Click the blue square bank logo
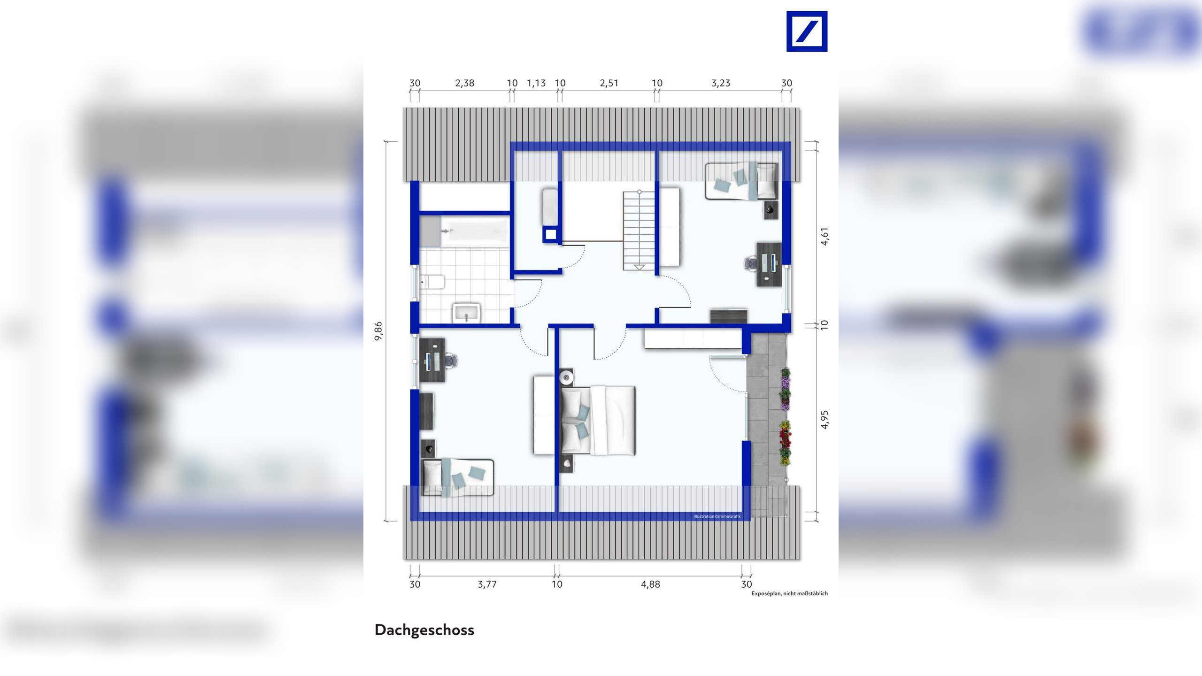pyautogui.click(x=807, y=31)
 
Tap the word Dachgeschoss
pyautogui.click(x=424, y=630)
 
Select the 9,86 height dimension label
pyautogui.click(x=378, y=331)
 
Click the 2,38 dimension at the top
pyautogui.click(x=464, y=84)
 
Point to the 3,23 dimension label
pyautogui.click(x=720, y=84)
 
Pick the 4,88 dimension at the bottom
pyautogui.click(x=650, y=584)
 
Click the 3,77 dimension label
pyautogui.click(x=487, y=584)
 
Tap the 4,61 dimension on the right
pyautogui.click(x=825, y=236)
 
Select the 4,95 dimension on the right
pyautogui.click(x=825, y=419)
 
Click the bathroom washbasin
pyautogui.click(x=466, y=313)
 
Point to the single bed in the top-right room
pyautogui.click(x=741, y=181)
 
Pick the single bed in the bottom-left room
pyautogui.click(x=458, y=477)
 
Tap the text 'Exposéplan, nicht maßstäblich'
pyautogui.click(x=789, y=594)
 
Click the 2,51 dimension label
pyautogui.click(x=609, y=84)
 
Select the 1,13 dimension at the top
pyautogui.click(x=536, y=84)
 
